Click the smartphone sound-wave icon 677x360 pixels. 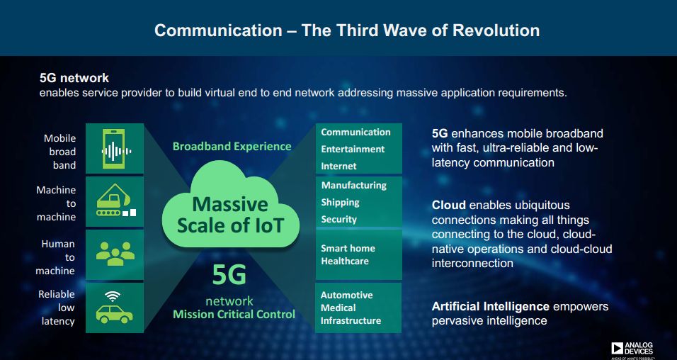tap(115, 149)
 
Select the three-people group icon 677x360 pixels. tap(115, 253)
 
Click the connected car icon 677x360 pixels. tap(114, 308)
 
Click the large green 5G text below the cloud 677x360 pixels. tap(229, 274)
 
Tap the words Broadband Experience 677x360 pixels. tap(232, 147)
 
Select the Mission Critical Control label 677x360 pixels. tap(234, 314)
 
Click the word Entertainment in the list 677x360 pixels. tap(353, 149)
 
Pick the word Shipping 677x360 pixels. tap(340, 203)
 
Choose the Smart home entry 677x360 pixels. tap(348, 249)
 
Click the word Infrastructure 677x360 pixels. tap(351, 321)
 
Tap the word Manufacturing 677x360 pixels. tap(354, 186)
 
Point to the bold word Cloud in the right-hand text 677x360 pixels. tap(448, 205)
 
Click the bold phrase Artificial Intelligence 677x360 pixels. tap(491, 307)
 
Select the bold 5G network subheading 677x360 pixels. tap(74, 78)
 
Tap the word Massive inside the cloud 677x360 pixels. tap(229, 204)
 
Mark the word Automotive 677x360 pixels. tap(347, 296)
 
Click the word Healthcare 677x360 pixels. tap(345, 261)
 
